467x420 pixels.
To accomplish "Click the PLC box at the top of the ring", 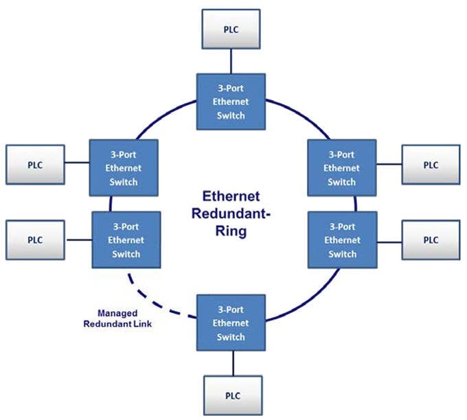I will click(x=230, y=29).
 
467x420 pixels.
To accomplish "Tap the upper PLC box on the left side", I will click(x=34, y=165).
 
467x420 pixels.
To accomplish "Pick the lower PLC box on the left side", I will click(x=34, y=240).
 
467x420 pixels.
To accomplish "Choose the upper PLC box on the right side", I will click(x=430, y=165).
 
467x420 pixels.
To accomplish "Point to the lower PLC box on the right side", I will click(x=430, y=240).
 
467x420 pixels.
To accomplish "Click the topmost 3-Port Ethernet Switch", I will click(x=230, y=102).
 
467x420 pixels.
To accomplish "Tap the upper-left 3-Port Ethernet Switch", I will click(x=124, y=169).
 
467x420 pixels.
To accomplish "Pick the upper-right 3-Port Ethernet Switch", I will click(x=341, y=169).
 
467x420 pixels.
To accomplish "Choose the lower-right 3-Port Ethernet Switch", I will click(x=341, y=240).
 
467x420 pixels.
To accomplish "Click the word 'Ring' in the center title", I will click(x=229, y=231).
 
